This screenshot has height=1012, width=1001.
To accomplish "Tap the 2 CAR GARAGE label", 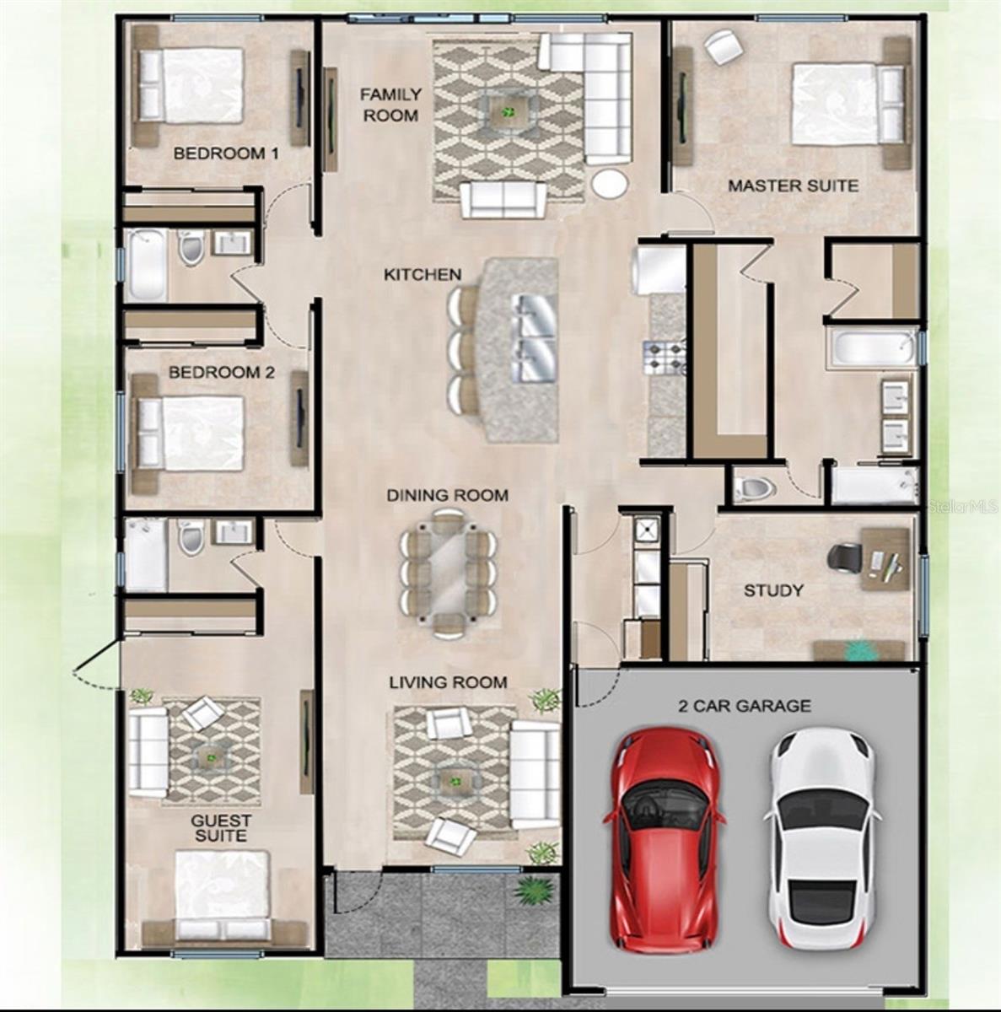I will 745,706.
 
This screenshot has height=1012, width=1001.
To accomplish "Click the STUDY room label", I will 773,590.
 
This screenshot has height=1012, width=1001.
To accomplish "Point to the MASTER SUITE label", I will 793,186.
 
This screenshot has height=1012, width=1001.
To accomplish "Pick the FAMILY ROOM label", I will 390,105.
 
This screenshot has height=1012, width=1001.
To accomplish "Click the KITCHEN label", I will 422,274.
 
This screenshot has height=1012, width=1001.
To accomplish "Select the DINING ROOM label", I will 447,495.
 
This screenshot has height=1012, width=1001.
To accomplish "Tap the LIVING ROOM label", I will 448,681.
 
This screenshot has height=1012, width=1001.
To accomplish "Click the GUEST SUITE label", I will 220,827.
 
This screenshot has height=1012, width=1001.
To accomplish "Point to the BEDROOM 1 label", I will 226,153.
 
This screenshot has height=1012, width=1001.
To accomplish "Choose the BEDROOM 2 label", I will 221,372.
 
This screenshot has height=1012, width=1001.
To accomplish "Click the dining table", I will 448,573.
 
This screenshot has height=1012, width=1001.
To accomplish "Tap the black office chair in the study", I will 844,557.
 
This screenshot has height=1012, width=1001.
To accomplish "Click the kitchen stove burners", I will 665,356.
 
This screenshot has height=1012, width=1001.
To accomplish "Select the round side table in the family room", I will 609,184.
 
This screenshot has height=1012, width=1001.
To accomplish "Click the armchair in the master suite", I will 723,46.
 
